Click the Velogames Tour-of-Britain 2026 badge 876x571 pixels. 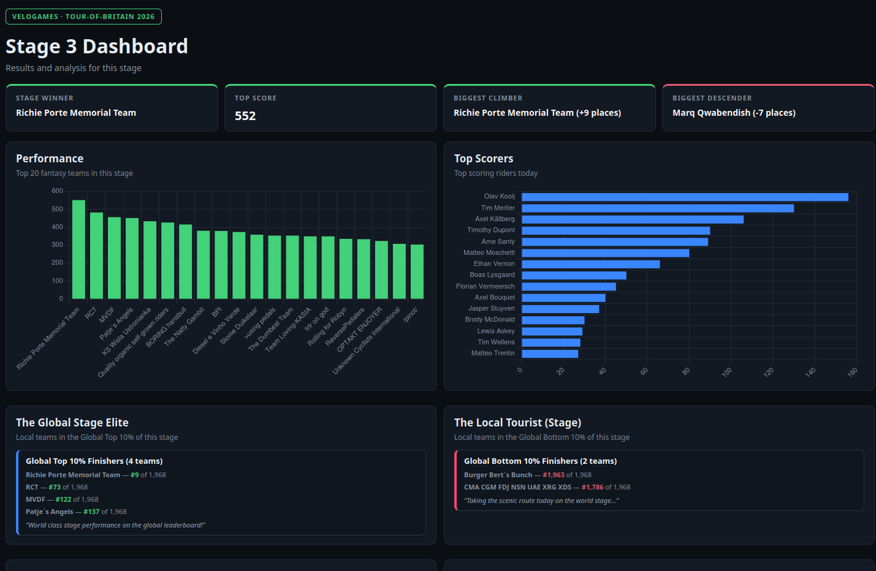[x=83, y=17]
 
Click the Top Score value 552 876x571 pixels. [x=245, y=116]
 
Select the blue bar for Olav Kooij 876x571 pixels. [x=685, y=197]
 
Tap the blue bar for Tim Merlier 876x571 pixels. [x=658, y=208]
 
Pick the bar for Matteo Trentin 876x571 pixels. [x=550, y=354]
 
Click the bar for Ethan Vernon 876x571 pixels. [x=590, y=264]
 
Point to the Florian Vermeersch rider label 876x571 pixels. [x=485, y=287]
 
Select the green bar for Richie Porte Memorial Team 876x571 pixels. [x=78, y=249]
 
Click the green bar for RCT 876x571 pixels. [x=97, y=255]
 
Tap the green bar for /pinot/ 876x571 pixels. [x=417, y=271]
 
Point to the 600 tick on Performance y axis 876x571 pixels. [x=57, y=191]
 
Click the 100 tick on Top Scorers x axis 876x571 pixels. [x=726, y=372]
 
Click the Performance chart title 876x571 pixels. [x=50, y=158]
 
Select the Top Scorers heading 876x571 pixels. [x=484, y=158]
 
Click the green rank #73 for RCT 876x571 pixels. [x=55, y=487]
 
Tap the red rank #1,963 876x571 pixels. [x=554, y=475]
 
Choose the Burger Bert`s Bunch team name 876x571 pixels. [x=498, y=475]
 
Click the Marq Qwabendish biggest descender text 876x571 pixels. [x=734, y=113]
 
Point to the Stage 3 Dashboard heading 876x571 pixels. [x=97, y=46]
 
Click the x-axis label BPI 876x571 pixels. [x=216, y=312]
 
